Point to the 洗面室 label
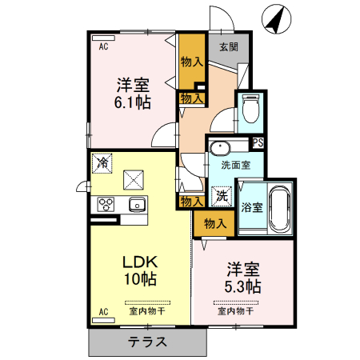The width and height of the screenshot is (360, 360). pos(236,166)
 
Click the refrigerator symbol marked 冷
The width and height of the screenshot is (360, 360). pos(102,162)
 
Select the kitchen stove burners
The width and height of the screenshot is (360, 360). pos(106,204)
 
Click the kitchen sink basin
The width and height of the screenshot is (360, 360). pos(134,203)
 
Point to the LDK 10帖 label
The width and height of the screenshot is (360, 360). pos(138,270)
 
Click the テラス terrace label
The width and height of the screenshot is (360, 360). pos(146,342)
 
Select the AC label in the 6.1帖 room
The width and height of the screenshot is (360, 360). pos(102,46)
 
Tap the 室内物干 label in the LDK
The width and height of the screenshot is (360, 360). pos(144,311)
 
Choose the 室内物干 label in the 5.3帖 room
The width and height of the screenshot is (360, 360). pos(234,311)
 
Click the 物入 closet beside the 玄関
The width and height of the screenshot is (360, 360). pos(190,61)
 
